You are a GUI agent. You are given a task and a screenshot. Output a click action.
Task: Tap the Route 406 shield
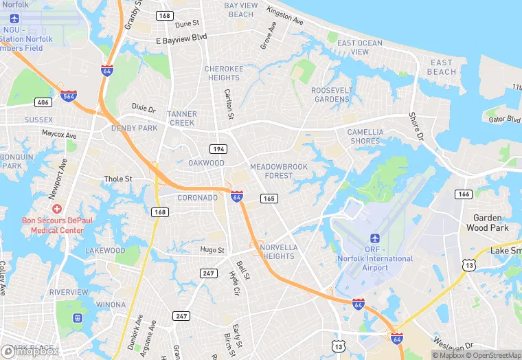pyautogui.click(x=43, y=102)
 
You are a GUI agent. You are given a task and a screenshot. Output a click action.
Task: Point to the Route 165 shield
pyautogui.click(x=269, y=199)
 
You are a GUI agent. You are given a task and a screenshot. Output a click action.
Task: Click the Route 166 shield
pyautogui.click(x=464, y=194)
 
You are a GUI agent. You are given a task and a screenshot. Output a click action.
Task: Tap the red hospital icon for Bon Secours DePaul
pyautogui.click(x=57, y=208)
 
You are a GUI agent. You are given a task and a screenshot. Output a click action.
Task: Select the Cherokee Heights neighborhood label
pyautogui.click(x=224, y=74)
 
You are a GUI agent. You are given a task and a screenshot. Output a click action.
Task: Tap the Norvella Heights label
pyautogui.click(x=277, y=251)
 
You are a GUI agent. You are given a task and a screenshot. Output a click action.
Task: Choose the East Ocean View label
pyautogui.click(x=360, y=47)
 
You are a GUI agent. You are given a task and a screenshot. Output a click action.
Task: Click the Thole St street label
pyautogui.click(x=117, y=179)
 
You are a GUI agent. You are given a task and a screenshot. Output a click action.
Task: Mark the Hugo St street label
pyautogui.click(x=212, y=250)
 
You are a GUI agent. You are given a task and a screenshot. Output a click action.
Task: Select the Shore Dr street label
pyautogui.click(x=417, y=126)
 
